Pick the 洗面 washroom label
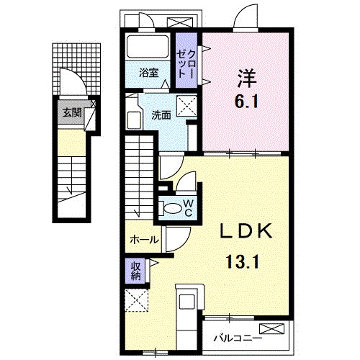pyautogui.click(x=161, y=114)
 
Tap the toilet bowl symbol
pyautogui.click(x=173, y=208)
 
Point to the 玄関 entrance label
pyautogui.click(x=71, y=113)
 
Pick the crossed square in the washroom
pyautogui.click(x=189, y=107)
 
